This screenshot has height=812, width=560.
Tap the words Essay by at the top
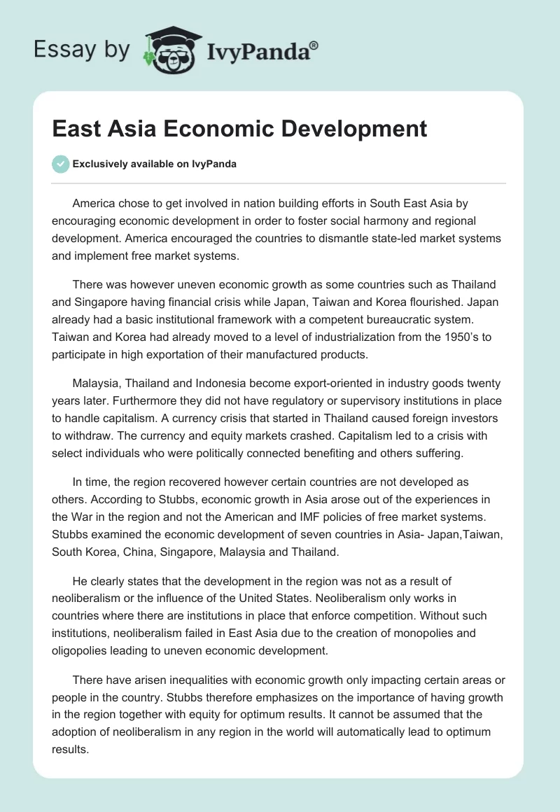(81, 50)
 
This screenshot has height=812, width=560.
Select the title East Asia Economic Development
(239, 129)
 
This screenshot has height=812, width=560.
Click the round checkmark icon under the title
(60, 164)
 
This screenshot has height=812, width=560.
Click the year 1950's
(463, 337)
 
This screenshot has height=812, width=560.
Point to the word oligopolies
(85, 651)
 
